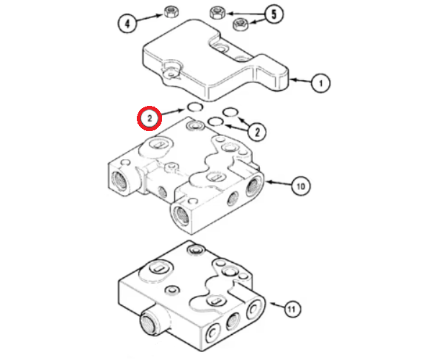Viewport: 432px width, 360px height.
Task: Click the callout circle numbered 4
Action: pyautogui.click(x=127, y=24)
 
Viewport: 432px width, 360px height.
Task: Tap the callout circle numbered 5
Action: pyautogui.click(x=274, y=14)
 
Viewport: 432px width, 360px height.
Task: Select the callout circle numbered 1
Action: pyautogui.click(x=320, y=84)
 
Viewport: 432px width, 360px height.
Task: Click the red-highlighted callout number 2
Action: pyautogui.click(x=149, y=118)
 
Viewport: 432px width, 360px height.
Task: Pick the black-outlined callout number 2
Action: pyautogui.click(x=257, y=132)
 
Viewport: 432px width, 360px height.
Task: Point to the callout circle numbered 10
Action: pyautogui.click(x=301, y=186)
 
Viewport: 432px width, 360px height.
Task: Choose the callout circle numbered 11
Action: pyautogui.click(x=292, y=308)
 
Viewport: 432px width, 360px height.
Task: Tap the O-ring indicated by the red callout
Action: pyautogui.click(x=195, y=107)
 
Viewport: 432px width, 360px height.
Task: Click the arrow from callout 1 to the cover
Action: pyautogui.click(x=300, y=81)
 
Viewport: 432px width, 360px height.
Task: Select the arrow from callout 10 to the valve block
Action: pyautogui.click(x=278, y=183)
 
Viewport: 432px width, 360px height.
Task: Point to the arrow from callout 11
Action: pyautogui.click(x=276, y=305)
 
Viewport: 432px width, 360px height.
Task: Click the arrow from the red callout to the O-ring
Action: pyautogui.click(x=173, y=112)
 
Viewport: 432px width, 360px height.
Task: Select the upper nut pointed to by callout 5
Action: pyautogui.click(x=217, y=13)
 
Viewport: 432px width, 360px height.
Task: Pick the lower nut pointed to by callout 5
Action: pyautogui.click(x=240, y=24)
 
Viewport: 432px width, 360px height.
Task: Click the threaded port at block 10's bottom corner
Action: pyautogui.click(x=181, y=215)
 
